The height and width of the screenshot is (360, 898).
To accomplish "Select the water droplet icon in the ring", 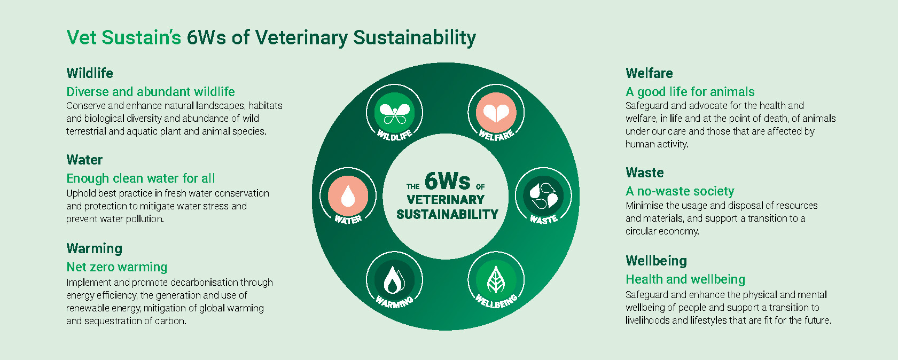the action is pyautogui.click(x=348, y=196).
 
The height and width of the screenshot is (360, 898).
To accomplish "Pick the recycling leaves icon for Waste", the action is pyautogui.click(x=543, y=196).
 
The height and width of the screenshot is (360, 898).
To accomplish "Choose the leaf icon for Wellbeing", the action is pyautogui.click(x=496, y=279).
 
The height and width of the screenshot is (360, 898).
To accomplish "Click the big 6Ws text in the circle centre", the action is pyautogui.click(x=447, y=181).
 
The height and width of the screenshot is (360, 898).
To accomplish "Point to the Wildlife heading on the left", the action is pyautogui.click(x=90, y=73).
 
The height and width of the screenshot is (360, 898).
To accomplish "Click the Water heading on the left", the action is pyautogui.click(x=84, y=160).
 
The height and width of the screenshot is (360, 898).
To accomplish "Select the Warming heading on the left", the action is pyautogui.click(x=94, y=249).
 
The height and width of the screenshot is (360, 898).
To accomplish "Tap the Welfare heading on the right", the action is pyautogui.click(x=649, y=73).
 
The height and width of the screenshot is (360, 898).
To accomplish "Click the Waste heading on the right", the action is pyautogui.click(x=645, y=173).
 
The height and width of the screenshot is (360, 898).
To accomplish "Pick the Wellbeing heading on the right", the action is pyautogui.click(x=656, y=261).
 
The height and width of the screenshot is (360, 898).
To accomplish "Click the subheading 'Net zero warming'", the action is pyautogui.click(x=116, y=268).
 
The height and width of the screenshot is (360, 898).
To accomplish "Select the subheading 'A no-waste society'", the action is pyautogui.click(x=680, y=192).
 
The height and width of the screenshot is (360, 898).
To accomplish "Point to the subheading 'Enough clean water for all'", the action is pyautogui.click(x=140, y=179).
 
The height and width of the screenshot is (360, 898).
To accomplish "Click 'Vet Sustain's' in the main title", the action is pyautogui.click(x=124, y=38).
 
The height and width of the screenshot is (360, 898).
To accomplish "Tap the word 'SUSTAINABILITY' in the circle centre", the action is pyautogui.click(x=447, y=215).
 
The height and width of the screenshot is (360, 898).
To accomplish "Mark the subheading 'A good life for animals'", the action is pyautogui.click(x=690, y=92).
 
